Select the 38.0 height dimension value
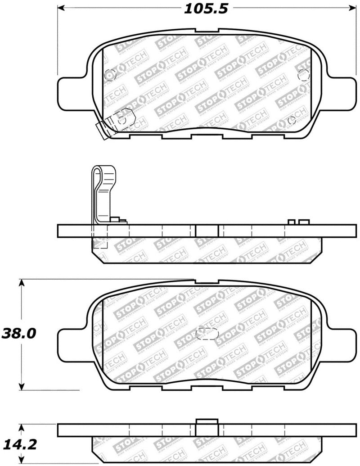click(19, 334)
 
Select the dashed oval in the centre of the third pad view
click(208, 335)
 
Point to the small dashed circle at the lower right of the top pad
click(292, 120)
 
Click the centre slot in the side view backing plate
click(207, 231)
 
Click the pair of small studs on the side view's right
click(299, 222)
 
